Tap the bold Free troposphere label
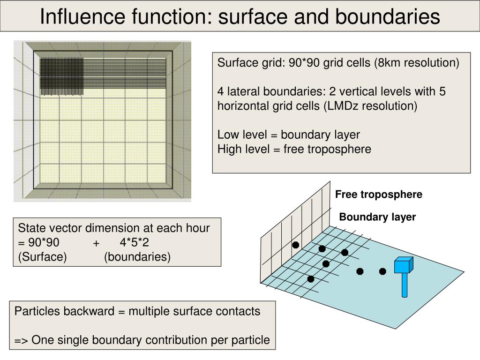(x=379, y=195)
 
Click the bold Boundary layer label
(x=377, y=217)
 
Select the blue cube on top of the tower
(x=403, y=265)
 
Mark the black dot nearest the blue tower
(x=382, y=271)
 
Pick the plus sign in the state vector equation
(x=96, y=243)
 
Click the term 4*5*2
(x=135, y=243)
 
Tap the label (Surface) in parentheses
(x=43, y=257)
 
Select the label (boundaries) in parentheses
(x=137, y=257)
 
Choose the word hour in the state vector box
(x=199, y=228)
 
